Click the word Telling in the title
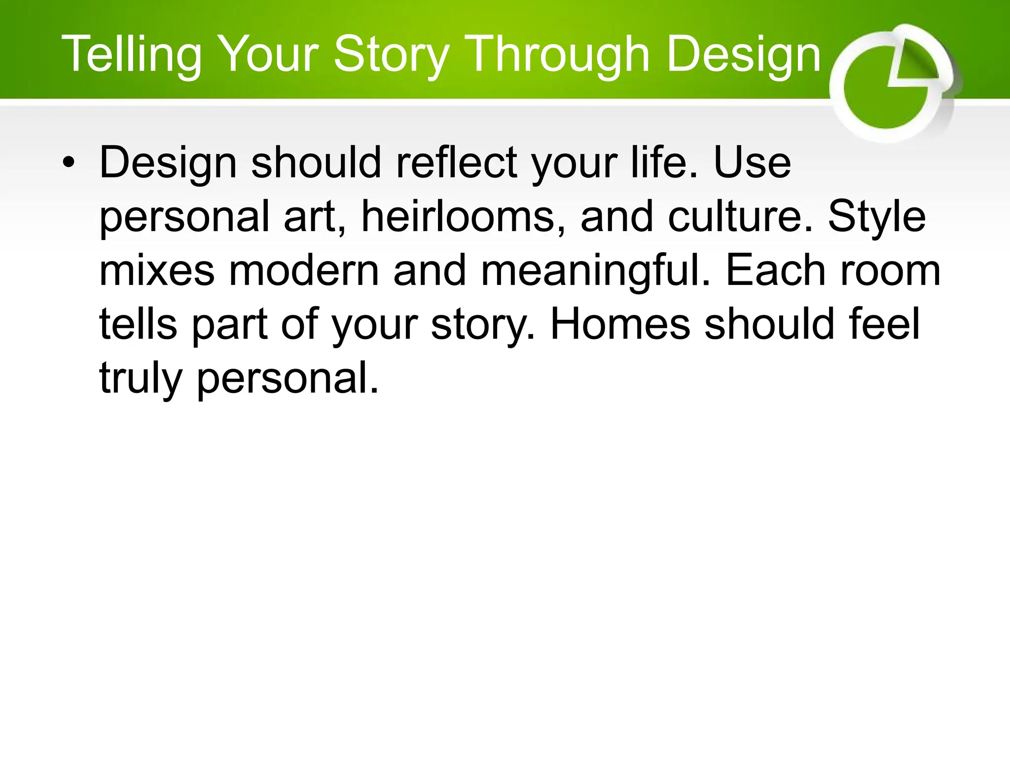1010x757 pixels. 131,55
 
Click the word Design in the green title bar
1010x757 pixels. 743,55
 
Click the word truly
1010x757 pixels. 141,378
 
